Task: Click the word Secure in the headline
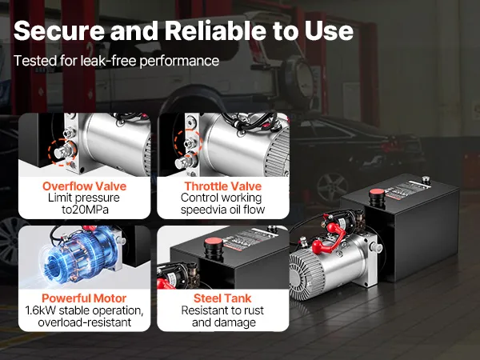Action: (59, 30)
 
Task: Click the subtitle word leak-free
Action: (108, 61)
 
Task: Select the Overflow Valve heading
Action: (85, 186)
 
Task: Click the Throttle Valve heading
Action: (223, 186)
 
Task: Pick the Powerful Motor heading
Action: (84, 298)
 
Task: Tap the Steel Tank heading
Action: (222, 298)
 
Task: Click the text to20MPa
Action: (85, 210)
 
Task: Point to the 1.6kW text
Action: (41, 310)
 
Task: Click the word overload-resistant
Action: (85, 322)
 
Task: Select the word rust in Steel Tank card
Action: (253, 310)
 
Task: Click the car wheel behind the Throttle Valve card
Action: (332, 187)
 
